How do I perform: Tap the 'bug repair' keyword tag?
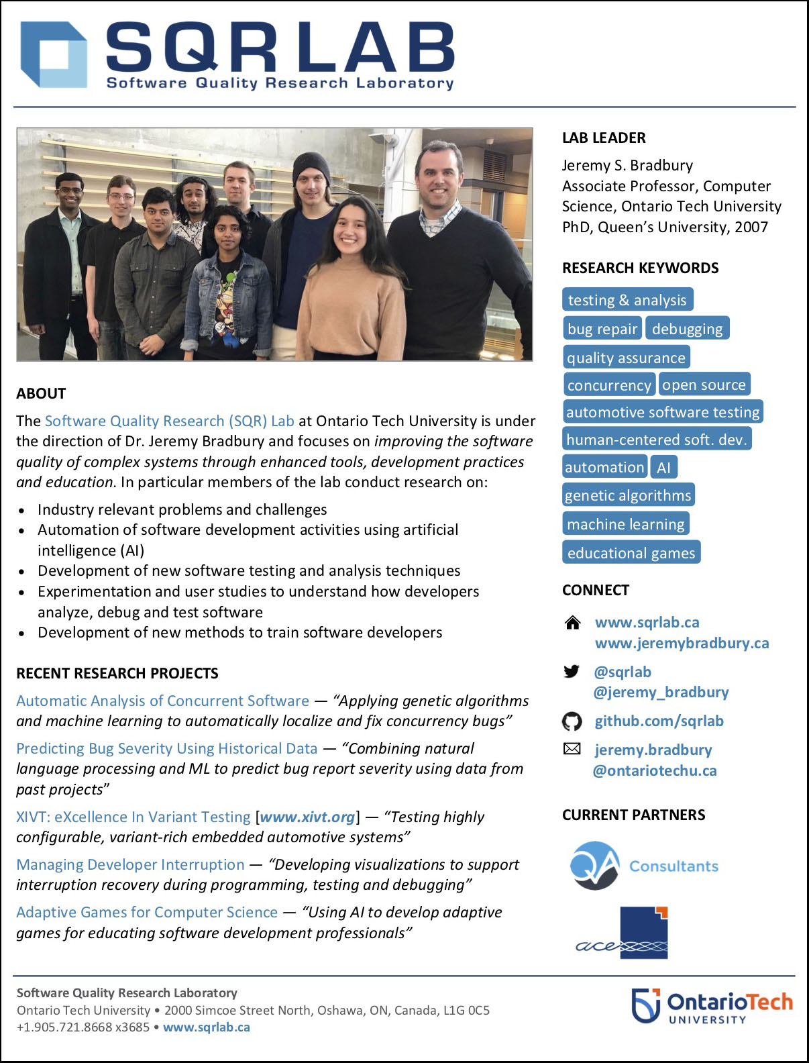coord(602,329)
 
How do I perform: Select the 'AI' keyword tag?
coord(663,468)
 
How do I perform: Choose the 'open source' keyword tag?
coord(704,385)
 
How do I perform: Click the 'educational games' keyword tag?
coord(631,553)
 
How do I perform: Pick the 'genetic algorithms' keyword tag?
coord(628,495)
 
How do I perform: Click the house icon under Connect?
coord(573,623)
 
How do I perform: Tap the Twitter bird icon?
coord(572,671)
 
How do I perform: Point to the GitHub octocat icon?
coord(572,721)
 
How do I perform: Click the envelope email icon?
coord(572,749)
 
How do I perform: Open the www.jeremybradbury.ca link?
coord(682,643)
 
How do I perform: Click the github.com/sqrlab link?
coord(659,721)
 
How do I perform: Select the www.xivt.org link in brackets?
coord(307,817)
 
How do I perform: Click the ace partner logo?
coord(624,933)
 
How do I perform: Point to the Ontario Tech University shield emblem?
coord(646,1005)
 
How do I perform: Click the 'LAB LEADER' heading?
coord(604,138)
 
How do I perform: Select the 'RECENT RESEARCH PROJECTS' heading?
coord(117,673)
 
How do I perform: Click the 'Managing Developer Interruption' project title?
coord(130,864)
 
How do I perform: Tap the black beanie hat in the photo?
coord(311,165)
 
